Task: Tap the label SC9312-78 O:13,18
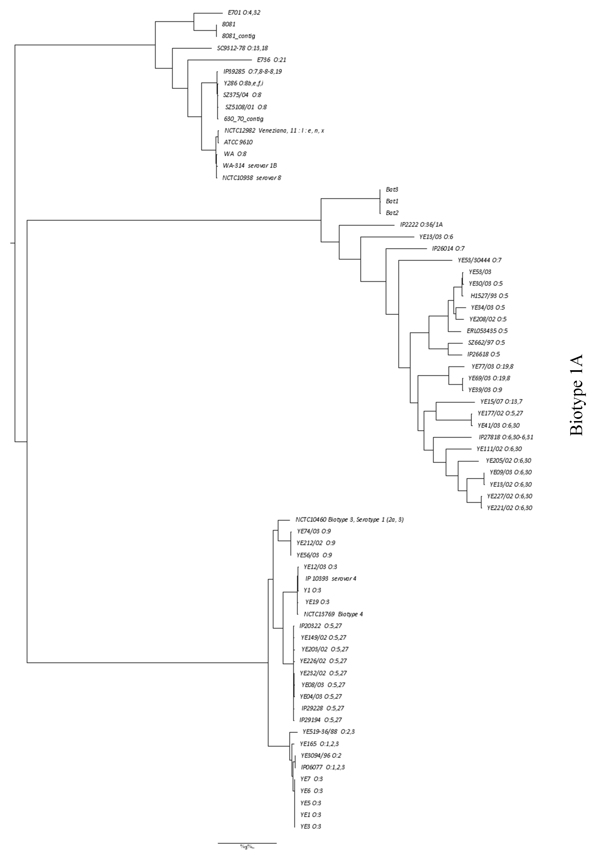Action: point(242,48)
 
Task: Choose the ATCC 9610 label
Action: point(238,142)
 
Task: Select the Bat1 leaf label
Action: point(392,201)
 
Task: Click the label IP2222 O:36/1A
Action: point(418,225)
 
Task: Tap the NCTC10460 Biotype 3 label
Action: point(349,520)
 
